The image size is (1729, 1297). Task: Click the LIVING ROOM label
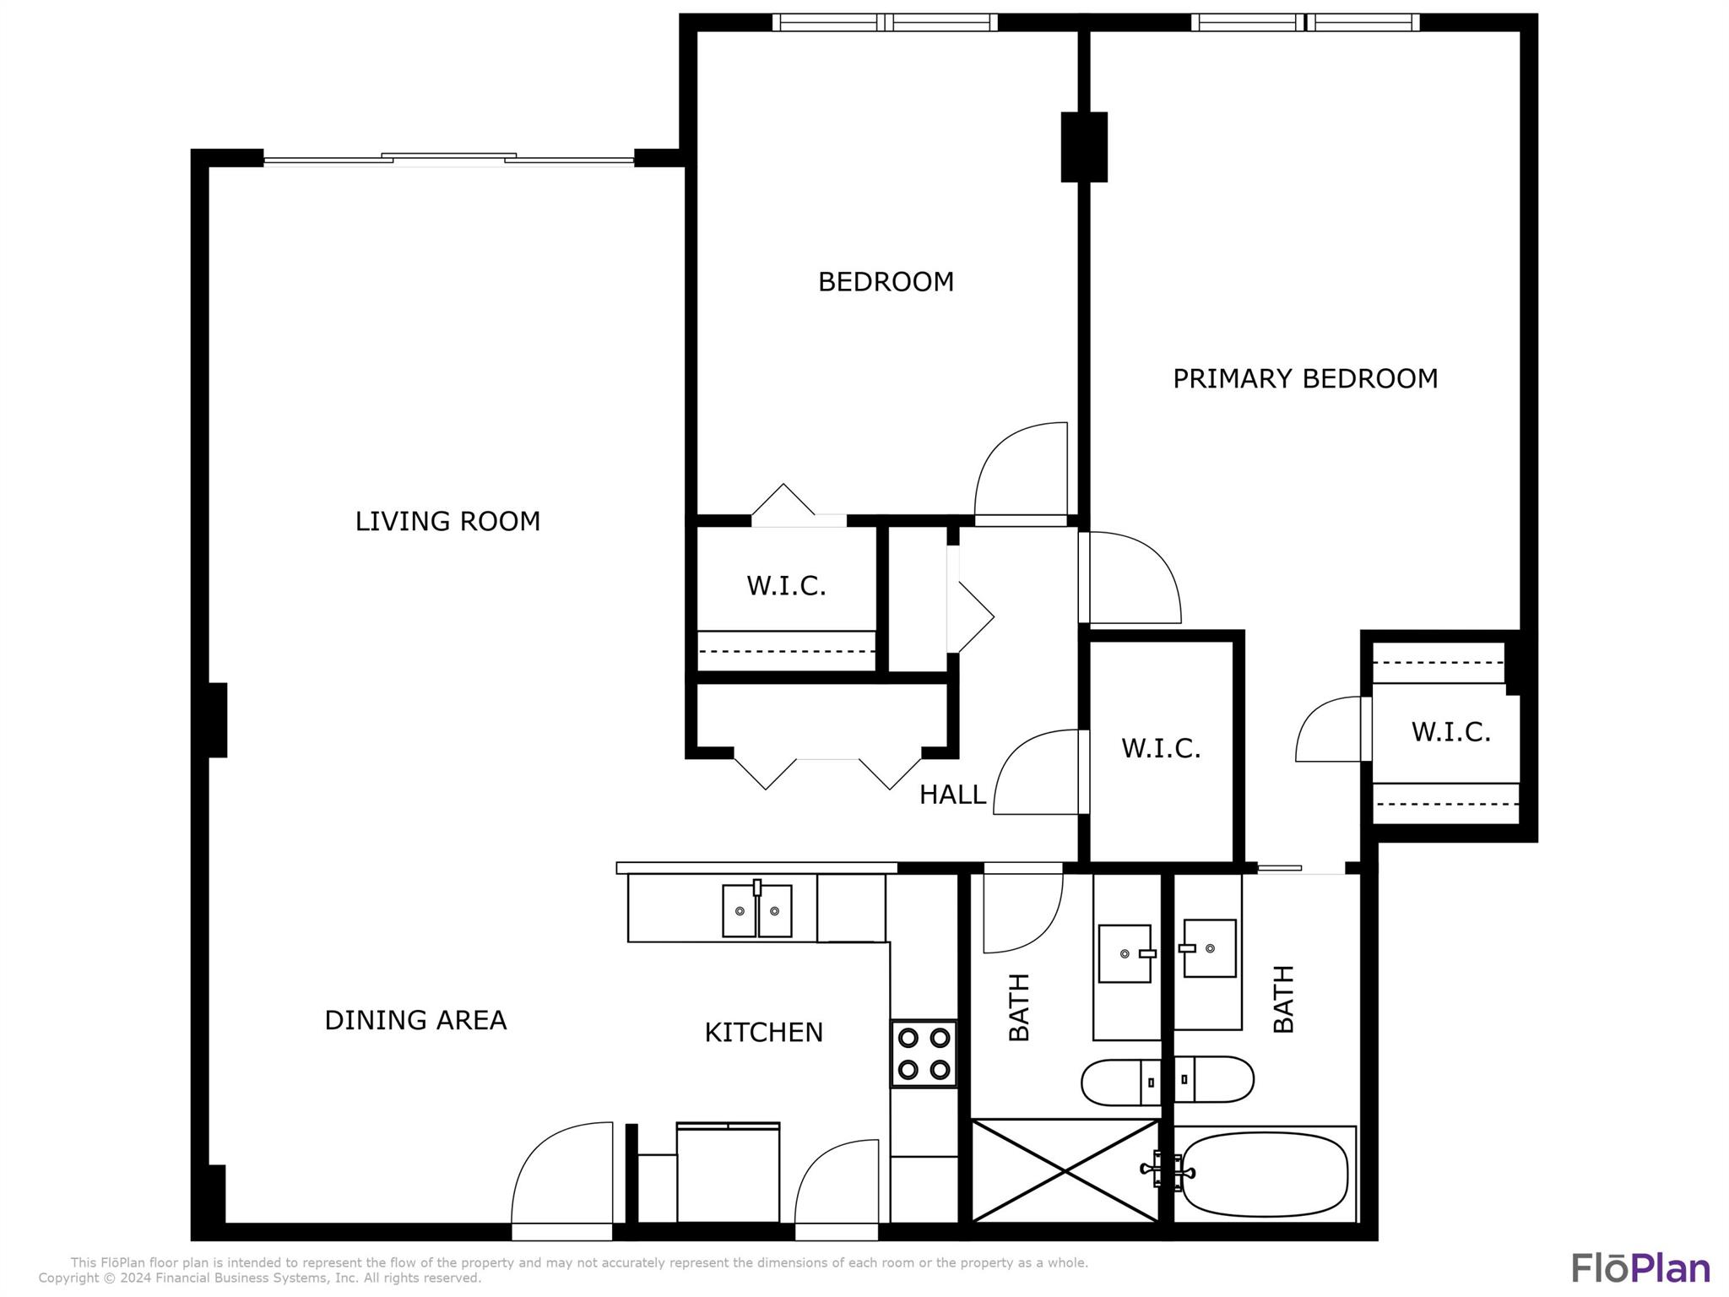pyautogui.click(x=447, y=521)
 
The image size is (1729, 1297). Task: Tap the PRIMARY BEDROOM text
pyautogui.click(x=1305, y=378)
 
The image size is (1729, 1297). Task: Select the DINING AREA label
pyautogui.click(x=415, y=1020)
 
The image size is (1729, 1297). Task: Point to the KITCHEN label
pyautogui.click(x=763, y=1032)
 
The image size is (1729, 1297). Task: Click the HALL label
pyautogui.click(x=952, y=795)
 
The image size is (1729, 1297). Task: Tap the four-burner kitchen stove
pyautogui.click(x=924, y=1054)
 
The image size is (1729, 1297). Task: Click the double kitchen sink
pyautogui.click(x=757, y=909)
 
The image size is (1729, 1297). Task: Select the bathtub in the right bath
pyautogui.click(x=1265, y=1174)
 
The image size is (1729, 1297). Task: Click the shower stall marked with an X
pyautogui.click(x=1065, y=1170)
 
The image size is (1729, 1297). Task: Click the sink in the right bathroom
pyautogui.click(x=1208, y=948)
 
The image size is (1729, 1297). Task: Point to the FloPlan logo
pyautogui.click(x=1641, y=1269)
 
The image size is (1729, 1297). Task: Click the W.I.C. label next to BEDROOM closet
pyautogui.click(x=786, y=585)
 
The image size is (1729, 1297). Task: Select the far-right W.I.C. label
pyautogui.click(x=1450, y=732)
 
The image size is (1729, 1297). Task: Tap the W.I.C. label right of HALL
pyautogui.click(x=1161, y=748)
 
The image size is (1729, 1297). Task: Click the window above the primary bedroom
pyautogui.click(x=1305, y=23)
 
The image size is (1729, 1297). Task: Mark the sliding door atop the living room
pyautogui.click(x=448, y=159)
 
